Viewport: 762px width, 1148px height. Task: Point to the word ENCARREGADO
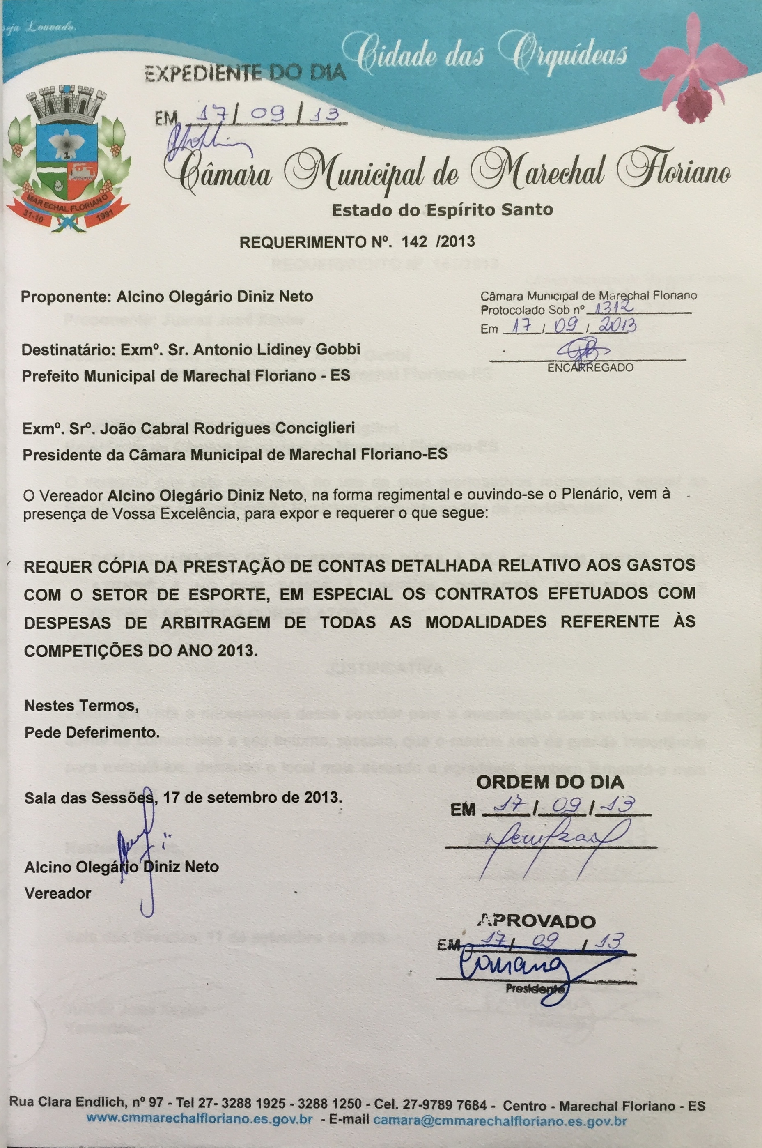[x=590, y=368]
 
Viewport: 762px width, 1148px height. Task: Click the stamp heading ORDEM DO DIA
[x=550, y=782]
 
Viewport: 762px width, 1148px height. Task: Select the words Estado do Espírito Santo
[x=442, y=210]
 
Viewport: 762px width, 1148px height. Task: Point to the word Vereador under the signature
[x=58, y=893]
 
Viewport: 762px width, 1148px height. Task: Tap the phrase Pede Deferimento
[x=92, y=732]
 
